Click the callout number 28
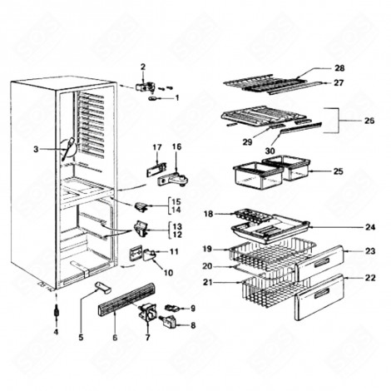coord(339,67)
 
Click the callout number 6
coord(115,339)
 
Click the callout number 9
coord(192,309)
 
